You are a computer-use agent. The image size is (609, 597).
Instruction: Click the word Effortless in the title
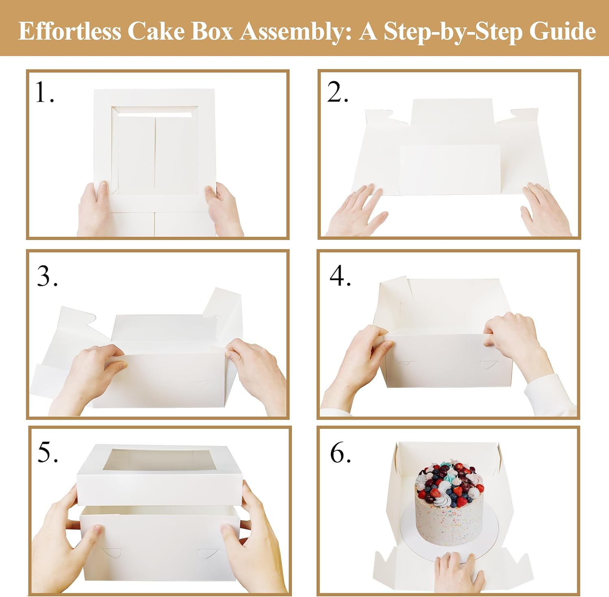tap(70, 31)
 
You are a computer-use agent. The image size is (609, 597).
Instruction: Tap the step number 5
tap(48, 452)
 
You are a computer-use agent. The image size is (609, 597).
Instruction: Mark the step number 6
tap(340, 452)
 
